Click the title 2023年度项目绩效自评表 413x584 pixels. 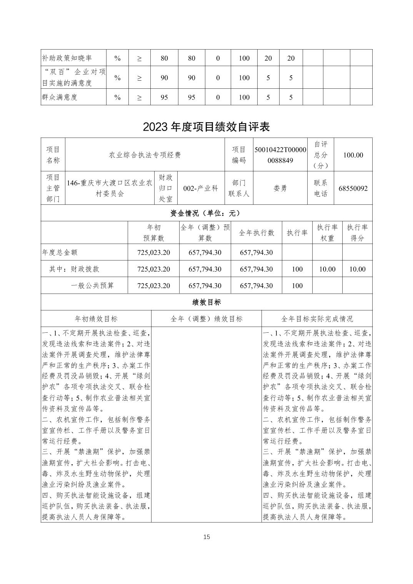(x=206, y=127)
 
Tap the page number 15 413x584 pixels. (x=206, y=537)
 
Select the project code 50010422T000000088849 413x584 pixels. (x=280, y=155)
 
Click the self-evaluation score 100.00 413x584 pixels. (x=353, y=155)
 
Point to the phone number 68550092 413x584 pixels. (x=353, y=188)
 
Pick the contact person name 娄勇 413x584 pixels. (x=280, y=188)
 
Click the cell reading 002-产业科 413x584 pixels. (x=201, y=188)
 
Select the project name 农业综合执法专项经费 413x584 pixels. (x=145, y=155)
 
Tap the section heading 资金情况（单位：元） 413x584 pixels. (x=206, y=213)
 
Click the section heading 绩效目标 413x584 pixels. (x=206, y=302)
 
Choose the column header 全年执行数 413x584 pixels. (x=256, y=232)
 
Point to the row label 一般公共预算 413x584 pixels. (x=92, y=285)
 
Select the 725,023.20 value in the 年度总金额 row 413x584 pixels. (x=153, y=252)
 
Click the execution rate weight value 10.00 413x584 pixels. (x=327, y=269)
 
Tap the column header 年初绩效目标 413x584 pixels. (x=96, y=319)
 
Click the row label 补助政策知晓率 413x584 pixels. (x=67, y=58)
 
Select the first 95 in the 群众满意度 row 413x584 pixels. (x=164, y=97)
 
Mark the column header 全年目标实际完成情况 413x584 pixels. (x=317, y=319)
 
